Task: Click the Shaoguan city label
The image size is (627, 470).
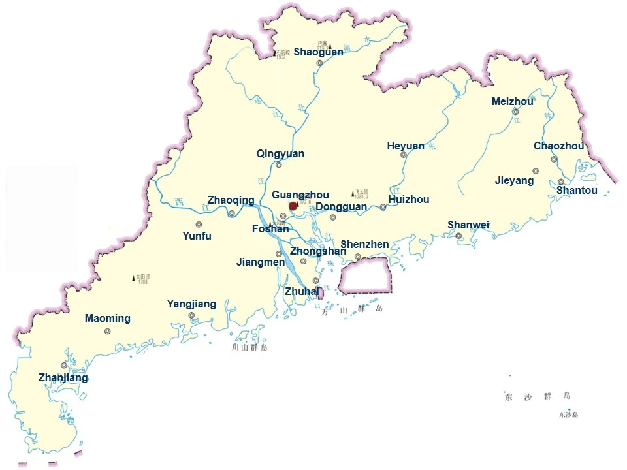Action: click(x=318, y=52)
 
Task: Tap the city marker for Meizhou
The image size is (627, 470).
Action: click(x=515, y=112)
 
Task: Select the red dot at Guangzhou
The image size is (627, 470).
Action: click(x=293, y=206)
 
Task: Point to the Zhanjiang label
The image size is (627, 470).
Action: click(x=63, y=378)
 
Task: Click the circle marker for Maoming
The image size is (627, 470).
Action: click(x=108, y=331)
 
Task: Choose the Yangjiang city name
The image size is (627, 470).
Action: click(x=191, y=304)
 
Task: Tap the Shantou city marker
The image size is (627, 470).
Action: click(x=561, y=181)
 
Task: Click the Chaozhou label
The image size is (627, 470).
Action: click(x=558, y=146)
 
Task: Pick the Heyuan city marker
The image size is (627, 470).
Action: click(x=404, y=155)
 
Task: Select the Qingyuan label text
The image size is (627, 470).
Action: click(x=280, y=154)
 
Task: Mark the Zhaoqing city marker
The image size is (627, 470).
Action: click(x=232, y=213)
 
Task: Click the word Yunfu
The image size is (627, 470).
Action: click(x=197, y=236)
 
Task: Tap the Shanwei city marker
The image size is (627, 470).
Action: click(x=458, y=236)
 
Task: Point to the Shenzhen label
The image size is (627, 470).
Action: click(x=364, y=245)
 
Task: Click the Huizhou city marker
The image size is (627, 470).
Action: click(x=383, y=207)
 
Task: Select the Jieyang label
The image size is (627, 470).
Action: click(x=514, y=181)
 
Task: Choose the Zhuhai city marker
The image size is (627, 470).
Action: click(x=316, y=281)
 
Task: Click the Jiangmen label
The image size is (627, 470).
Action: click(x=261, y=262)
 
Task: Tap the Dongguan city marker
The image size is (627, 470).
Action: click(x=332, y=217)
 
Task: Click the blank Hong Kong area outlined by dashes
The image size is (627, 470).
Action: click(x=365, y=274)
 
